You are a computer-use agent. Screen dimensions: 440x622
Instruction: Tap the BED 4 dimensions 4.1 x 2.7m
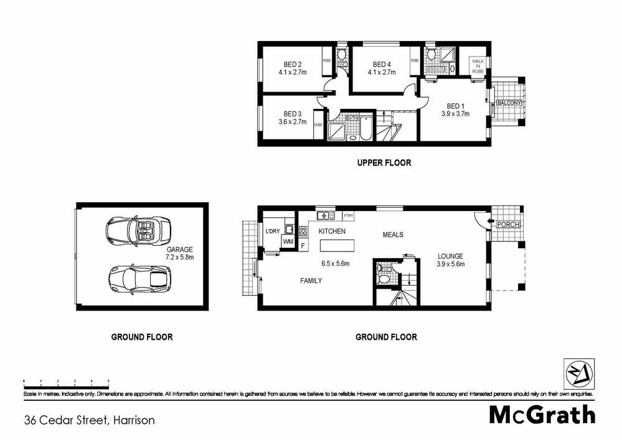(x=381, y=72)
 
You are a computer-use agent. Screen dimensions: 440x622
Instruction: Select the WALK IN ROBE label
(x=478, y=67)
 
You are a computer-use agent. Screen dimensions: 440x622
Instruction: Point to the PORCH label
(x=508, y=225)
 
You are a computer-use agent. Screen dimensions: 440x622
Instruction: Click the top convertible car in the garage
(x=138, y=230)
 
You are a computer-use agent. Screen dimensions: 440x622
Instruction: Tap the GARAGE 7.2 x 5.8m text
(x=181, y=253)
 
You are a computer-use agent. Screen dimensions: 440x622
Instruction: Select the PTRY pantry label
(x=348, y=216)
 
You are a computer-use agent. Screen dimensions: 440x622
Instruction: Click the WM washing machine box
(x=288, y=241)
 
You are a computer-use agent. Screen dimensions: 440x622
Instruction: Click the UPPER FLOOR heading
(x=384, y=163)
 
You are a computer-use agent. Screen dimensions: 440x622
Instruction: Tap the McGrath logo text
(x=542, y=414)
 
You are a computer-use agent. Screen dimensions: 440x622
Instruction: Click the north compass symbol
(x=578, y=374)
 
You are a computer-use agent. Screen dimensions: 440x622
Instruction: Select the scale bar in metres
(x=66, y=380)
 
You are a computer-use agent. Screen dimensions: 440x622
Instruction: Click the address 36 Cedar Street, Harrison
(x=89, y=420)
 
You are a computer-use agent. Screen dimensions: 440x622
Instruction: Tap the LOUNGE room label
(x=451, y=256)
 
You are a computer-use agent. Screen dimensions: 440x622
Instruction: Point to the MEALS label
(x=393, y=235)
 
